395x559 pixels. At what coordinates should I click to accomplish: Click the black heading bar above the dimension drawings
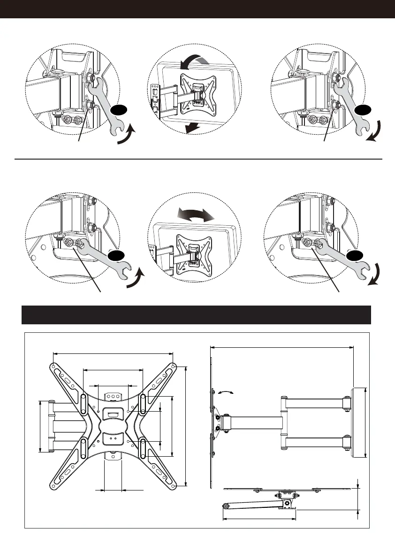click(x=197, y=315)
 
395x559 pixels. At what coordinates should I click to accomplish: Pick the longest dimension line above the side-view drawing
click(x=281, y=347)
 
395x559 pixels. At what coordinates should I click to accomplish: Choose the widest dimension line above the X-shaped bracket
click(x=113, y=353)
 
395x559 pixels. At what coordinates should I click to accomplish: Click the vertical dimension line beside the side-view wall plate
click(x=365, y=422)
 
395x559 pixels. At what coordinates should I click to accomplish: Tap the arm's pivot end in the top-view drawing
click(x=227, y=506)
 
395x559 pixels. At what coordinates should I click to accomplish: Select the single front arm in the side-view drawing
click(x=253, y=422)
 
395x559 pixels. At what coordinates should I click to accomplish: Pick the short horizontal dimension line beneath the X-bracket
click(x=113, y=490)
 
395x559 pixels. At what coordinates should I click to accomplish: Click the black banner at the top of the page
click(x=197, y=9)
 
